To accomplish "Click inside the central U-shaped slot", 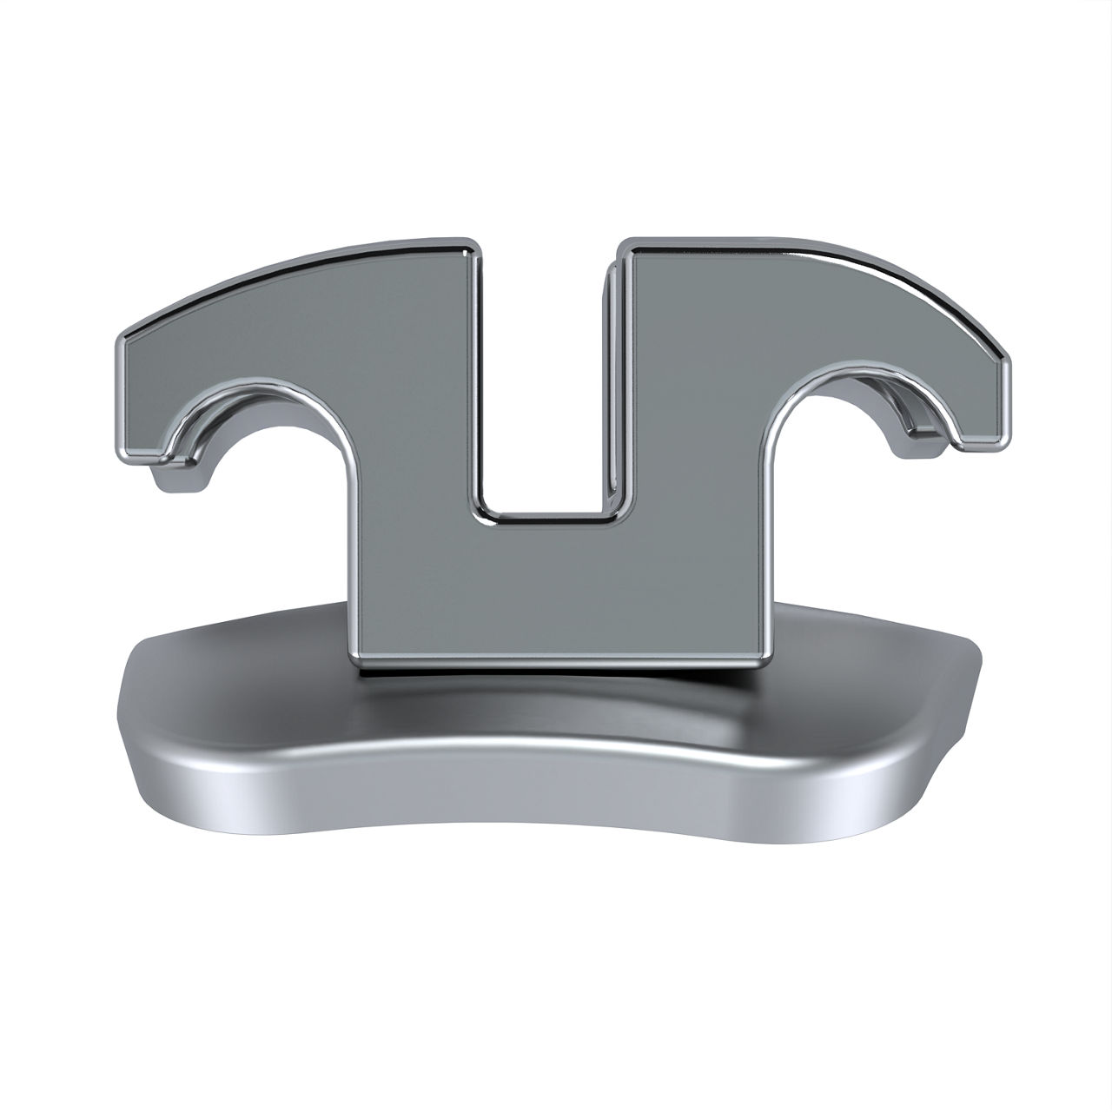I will pos(543,391).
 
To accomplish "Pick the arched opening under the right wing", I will pos(834,452).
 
